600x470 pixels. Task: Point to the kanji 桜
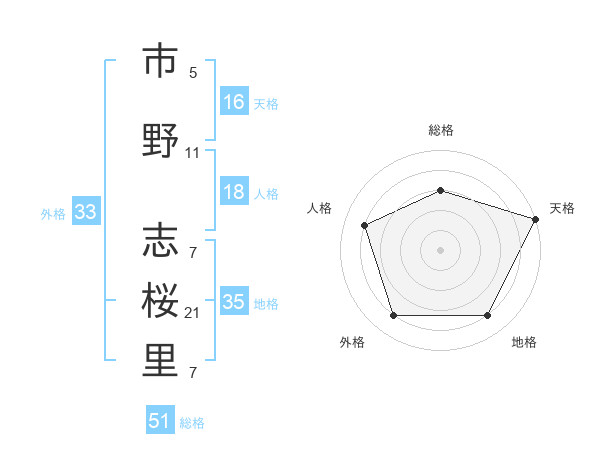point(160,298)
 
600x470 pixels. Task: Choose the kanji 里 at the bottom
point(160,360)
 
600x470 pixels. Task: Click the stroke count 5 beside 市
point(193,73)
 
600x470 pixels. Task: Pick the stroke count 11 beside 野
point(193,153)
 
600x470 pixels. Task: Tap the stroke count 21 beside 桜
point(193,313)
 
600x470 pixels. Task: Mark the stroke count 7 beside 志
point(193,253)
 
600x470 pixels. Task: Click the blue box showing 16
point(233,102)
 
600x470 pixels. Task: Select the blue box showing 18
point(233,192)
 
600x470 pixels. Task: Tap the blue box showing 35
point(233,302)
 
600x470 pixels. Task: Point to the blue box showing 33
point(85,212)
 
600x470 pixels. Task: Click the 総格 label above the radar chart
point(441,130)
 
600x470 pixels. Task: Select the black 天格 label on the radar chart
point(562,208)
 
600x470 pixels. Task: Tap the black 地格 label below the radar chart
point(524,342)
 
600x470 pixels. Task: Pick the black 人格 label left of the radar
point(320,208)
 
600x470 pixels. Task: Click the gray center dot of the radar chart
point(440,249)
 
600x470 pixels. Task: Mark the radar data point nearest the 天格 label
point(537,218)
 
